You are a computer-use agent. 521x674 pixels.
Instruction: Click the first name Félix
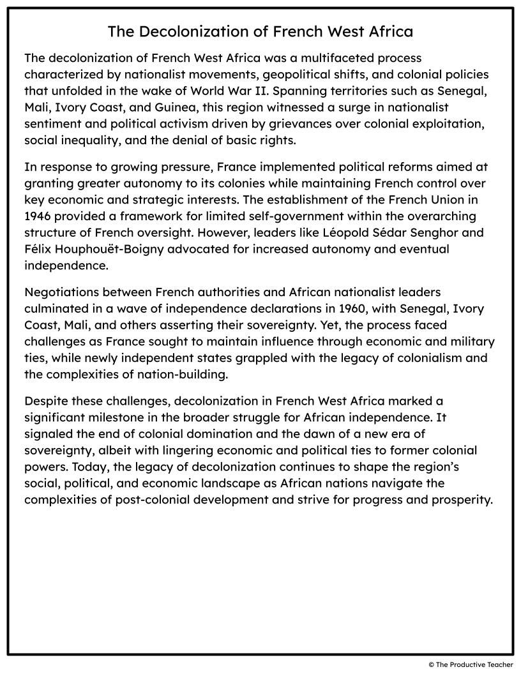(x=39, y=248)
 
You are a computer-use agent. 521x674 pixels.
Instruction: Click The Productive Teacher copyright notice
(x=471, y=665)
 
